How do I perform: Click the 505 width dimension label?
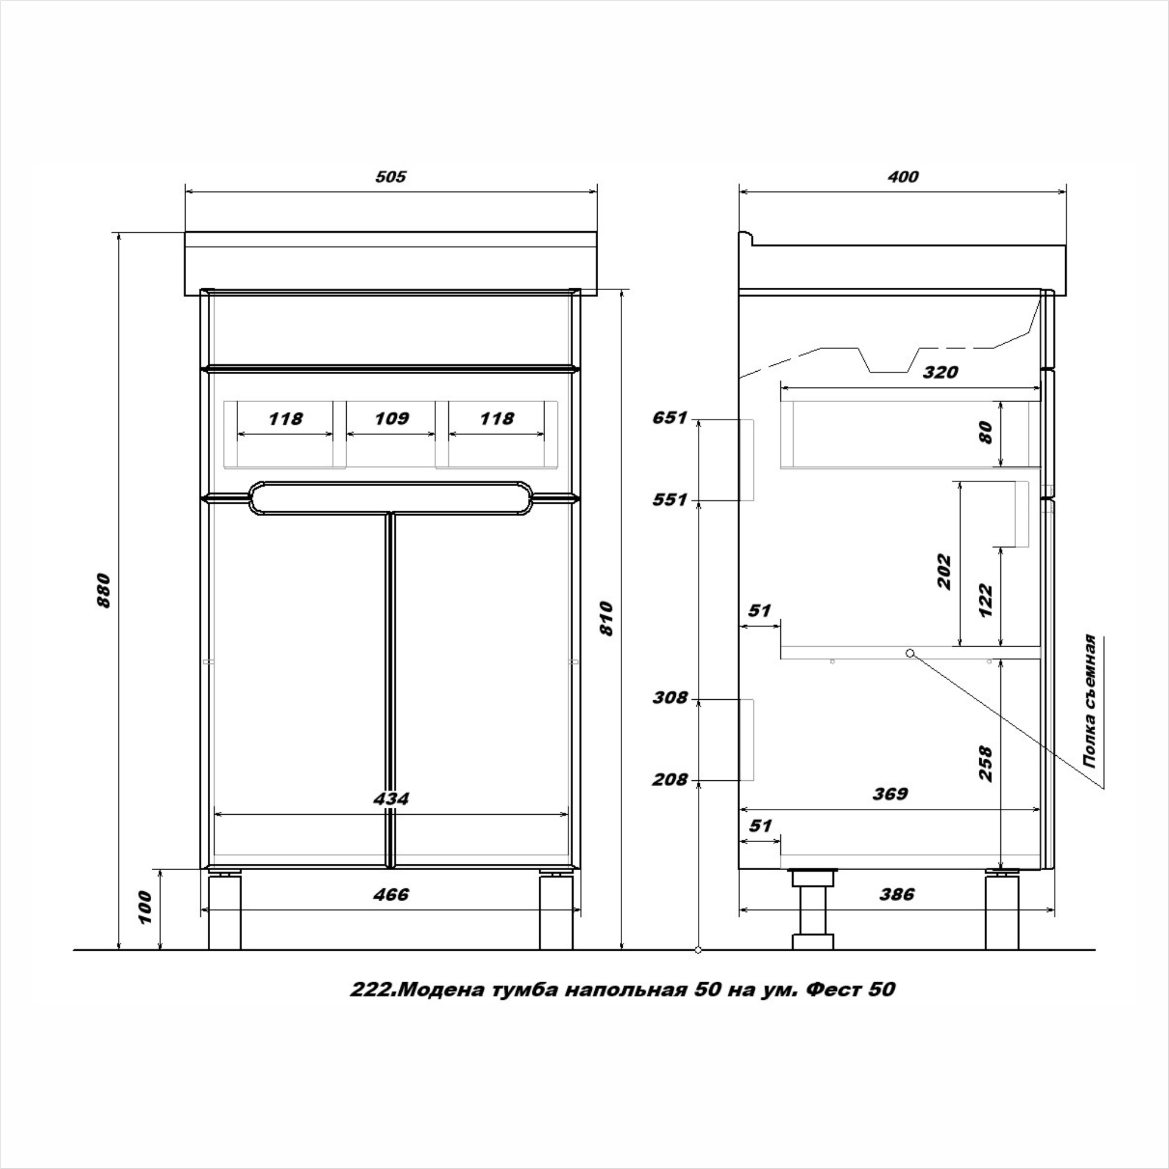click(x=391, y=177)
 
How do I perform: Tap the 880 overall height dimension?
click(x=104, y=591)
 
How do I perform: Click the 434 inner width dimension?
click(x=391, y=799)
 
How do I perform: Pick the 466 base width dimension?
click(x=391, y=894)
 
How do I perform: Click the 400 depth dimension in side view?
click(x=903, y=177)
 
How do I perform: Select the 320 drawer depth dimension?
click(x=940, y=372)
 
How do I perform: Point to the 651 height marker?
click(x=670, y=418)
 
